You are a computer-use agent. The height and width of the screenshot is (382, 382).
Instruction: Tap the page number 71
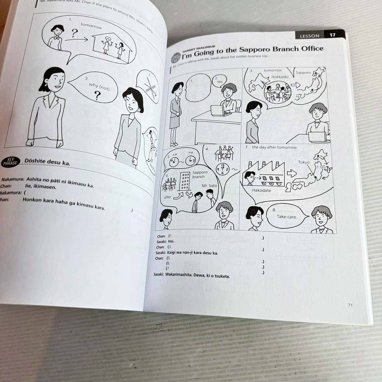[x=350, y=305]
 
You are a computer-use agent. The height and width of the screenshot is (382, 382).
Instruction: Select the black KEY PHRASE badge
[x=10, y=162]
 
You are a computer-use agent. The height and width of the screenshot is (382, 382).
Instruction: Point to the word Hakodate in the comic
[x=261, y=190]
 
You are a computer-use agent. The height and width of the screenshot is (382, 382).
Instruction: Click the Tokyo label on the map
[x=303, y=162]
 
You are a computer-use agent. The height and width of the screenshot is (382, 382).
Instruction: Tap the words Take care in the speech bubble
[x=287, y=217]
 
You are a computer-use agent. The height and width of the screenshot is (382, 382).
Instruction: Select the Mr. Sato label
[x=209, y=186]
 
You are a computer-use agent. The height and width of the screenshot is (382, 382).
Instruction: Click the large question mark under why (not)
[x=97, y=96]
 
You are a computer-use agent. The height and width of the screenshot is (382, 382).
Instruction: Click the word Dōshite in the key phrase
[x=35, y=161]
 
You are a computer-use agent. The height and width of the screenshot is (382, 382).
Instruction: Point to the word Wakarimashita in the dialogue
[x=179, y=275]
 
